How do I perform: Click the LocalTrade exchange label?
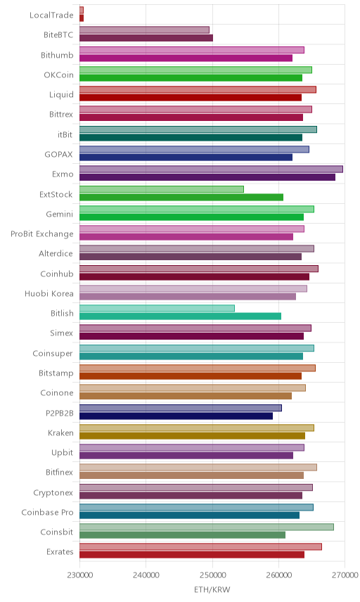pos(51,15)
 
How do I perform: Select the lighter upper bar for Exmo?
pos(211,169)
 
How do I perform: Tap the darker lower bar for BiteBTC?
pos(146,38)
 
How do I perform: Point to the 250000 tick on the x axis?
pos(212,575)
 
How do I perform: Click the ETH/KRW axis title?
pos(212,589)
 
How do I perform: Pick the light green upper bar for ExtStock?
pos(162,189)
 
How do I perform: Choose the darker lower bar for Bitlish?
pos(181,316)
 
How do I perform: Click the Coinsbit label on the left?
pos(57,532)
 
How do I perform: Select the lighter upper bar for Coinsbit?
pos(207,527)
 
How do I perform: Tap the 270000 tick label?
pos(345,575)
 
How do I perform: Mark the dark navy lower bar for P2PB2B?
pos(176,416)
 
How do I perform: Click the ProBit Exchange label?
pos(41,233)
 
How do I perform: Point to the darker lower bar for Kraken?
pos(192,436)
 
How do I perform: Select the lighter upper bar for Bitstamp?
pos(198,369)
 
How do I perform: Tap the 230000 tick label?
pos(80,575)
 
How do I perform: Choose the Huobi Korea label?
pos(49,294)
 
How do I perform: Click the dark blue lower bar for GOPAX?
pos(186,157)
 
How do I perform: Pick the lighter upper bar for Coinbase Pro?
pos(196,507)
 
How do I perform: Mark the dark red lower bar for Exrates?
pos(192,555)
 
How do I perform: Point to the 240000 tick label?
pos(146,575)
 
